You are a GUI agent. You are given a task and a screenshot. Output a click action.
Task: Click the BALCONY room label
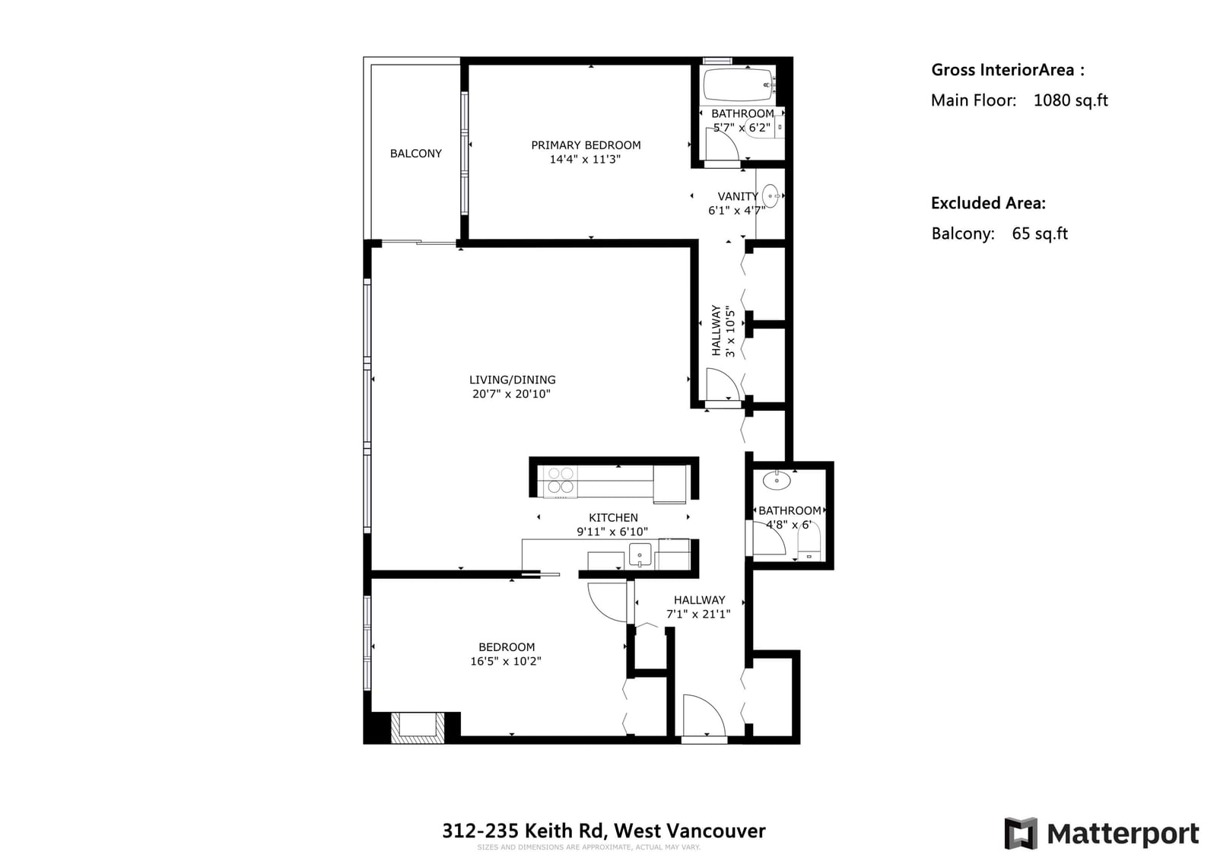(x=415, y=154)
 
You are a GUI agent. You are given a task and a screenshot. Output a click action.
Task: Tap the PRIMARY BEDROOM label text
(x=586, y=145)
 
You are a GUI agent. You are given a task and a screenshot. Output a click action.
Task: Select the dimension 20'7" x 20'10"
(x=511, y=394)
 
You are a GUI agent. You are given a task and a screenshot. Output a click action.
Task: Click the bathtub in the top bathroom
(x=739, y=84)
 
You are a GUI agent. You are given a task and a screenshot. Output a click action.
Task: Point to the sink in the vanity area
(x=771, y=196)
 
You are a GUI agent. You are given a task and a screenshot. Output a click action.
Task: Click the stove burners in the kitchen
(x=560, y=481)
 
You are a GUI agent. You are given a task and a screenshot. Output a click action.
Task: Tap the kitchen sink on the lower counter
(x=640, y=554)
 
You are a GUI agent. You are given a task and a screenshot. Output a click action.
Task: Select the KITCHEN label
(x=613, y=518)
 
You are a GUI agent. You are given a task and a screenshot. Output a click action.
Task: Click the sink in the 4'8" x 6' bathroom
(x=777, y=481)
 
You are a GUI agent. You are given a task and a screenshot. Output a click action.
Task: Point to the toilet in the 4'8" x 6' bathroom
(x=809, y=543)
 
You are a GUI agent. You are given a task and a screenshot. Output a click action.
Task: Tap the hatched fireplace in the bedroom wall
(x=418, y=727)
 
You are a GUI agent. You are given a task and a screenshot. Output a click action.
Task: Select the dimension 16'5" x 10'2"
(x=506, y=661)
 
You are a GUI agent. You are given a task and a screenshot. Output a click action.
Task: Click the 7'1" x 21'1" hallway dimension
(x=698, y=614)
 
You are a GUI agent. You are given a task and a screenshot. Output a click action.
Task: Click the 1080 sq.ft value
(x=1070, y=100)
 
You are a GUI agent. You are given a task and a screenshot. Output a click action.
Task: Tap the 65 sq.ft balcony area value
(x=1040, y=234)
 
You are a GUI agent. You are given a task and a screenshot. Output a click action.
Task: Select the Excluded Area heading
(x=988, y=203)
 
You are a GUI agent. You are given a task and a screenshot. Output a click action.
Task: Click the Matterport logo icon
(x=1021, y=833)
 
